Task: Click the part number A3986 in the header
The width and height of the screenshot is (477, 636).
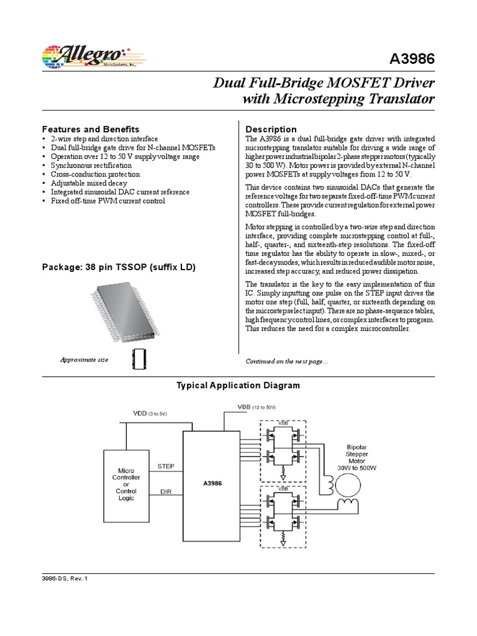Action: (x=412, y=58)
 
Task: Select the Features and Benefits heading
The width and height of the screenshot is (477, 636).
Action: (x=90, y=129)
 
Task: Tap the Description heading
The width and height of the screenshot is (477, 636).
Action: (x=271, y=129)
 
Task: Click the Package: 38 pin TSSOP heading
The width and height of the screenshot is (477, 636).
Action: (x=119, y=268)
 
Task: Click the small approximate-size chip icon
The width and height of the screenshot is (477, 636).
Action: (x=137, y=360)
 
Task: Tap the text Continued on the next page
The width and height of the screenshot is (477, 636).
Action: (x=283, y=361)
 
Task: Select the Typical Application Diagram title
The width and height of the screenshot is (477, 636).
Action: (x=238, y=386)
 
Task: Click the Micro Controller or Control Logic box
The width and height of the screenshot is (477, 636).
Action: (x=125, y=484)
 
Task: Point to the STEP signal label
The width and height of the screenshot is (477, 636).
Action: (x=166, y=465)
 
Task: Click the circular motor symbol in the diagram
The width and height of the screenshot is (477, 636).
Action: (x=346, y=483)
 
